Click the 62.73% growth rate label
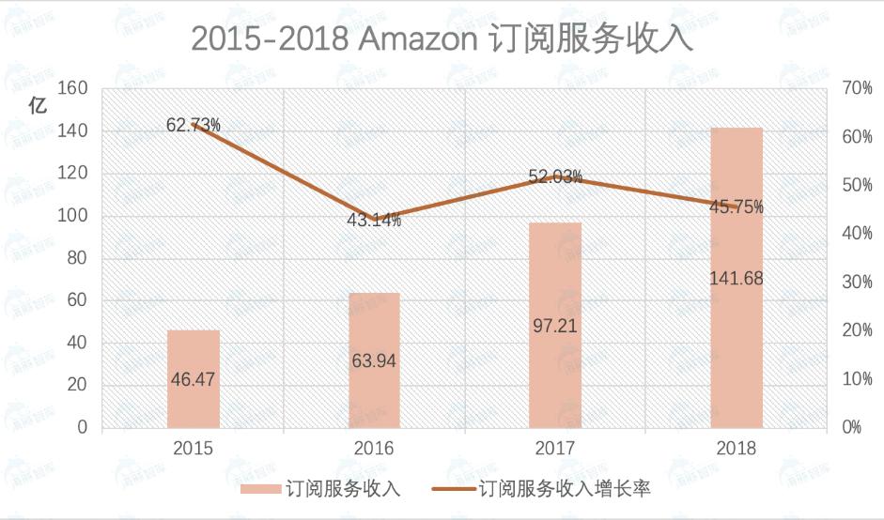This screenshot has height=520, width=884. (194, 124)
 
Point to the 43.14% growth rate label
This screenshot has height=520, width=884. (374, 221)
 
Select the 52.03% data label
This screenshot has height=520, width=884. (555, 176)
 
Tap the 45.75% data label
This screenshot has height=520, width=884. (737, 206)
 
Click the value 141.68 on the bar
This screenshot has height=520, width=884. (737, 278)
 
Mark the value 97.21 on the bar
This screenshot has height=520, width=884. (555, 326)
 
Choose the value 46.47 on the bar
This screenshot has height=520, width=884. (194, 379)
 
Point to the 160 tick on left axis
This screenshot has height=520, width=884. (73, 88)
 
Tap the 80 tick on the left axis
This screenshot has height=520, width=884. (78, 258)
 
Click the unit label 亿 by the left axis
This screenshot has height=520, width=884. (37, 105)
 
